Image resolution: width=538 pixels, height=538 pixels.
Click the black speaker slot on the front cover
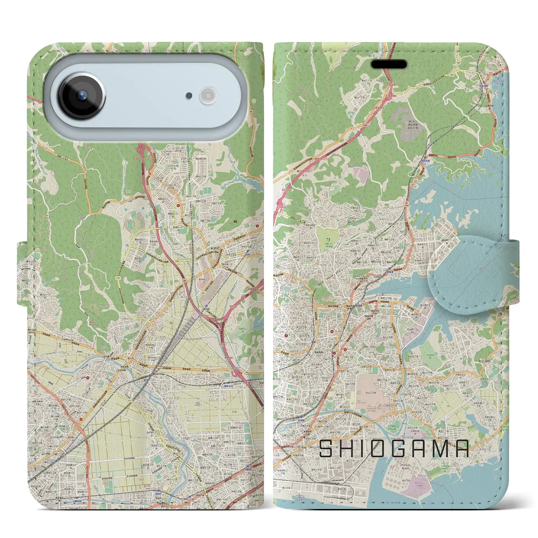coord(389,64)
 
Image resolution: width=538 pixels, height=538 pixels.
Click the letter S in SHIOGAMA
coord(326,449)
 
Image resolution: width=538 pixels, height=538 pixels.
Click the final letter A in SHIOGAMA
coord(462,449)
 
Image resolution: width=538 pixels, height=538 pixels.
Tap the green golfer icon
coord(327,239)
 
